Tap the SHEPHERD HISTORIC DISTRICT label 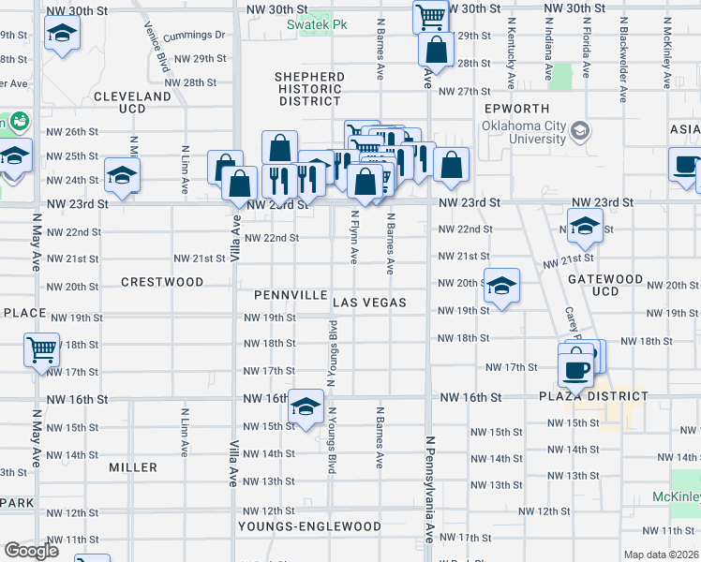coord(309,88)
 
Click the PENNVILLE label coord(290,294)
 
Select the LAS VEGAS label coord(370,303)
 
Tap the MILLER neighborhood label coord(133,466)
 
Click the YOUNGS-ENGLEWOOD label coord(309,526)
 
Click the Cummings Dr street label coord(195,35)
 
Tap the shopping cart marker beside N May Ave coord(42,350)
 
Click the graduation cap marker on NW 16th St coord(306,407)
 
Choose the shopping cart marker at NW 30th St coord(429,15)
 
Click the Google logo coord(31,552)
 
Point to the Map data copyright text coord(662,555)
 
